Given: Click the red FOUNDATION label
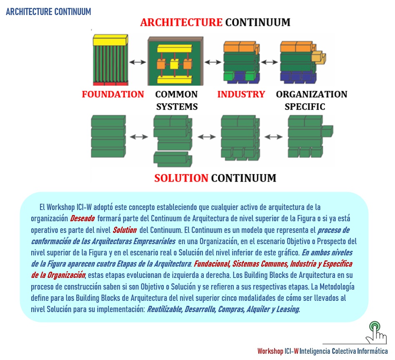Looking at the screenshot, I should (113, 94).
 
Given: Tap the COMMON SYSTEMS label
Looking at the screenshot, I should (176, 100).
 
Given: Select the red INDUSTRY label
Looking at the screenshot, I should (241, 94).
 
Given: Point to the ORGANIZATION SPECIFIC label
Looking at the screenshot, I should (311, 100).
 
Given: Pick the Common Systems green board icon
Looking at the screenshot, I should (175, 60).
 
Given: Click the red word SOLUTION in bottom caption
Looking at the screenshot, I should (181, 178).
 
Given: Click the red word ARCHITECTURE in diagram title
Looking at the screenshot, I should (181, 22).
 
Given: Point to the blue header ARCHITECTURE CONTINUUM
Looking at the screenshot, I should (48, 12).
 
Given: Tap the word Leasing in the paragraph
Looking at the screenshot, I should (288, 310).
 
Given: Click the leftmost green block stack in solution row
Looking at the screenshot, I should (108, 136).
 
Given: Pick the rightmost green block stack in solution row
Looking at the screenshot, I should (308, 137).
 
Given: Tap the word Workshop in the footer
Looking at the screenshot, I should (270, 351).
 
